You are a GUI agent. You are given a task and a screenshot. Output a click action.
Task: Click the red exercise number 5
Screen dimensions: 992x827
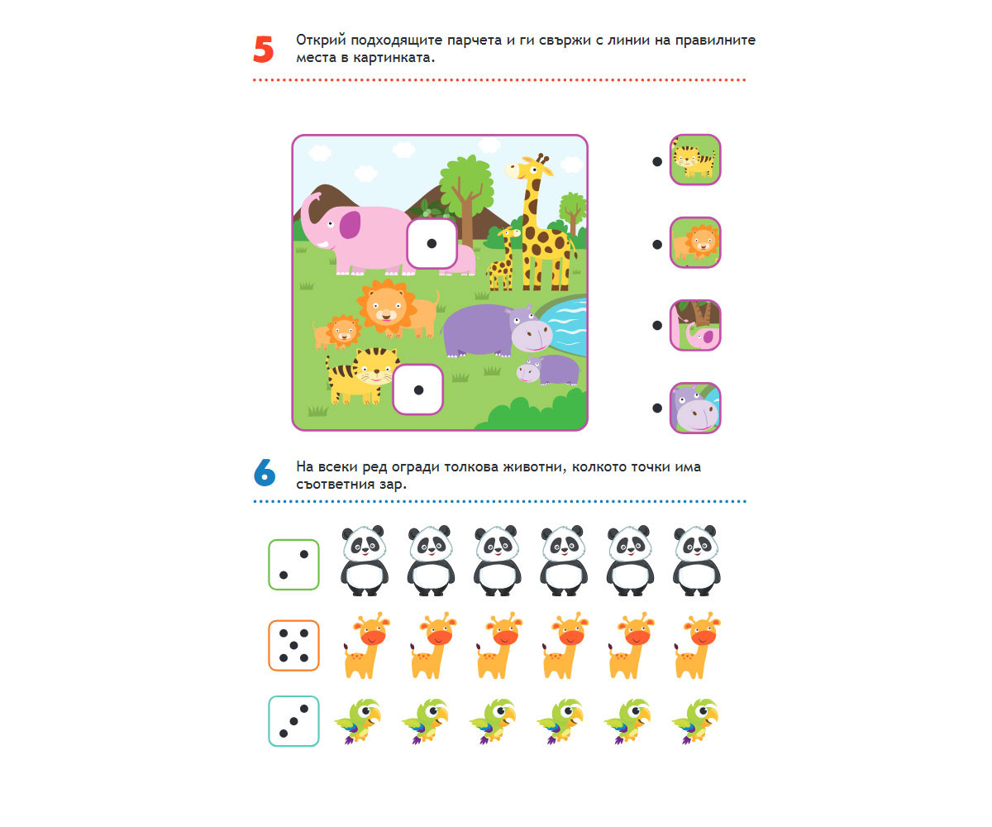(x=263, y=49)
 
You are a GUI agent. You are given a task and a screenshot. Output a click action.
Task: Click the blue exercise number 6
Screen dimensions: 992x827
(x=265, y=472)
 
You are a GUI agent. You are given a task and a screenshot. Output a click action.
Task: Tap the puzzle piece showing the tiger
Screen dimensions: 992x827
(x=694, y=160)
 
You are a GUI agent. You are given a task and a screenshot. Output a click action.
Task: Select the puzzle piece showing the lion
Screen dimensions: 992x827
(x=694, y=242)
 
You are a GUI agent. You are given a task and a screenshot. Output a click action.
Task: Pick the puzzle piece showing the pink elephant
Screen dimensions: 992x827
(x=694, y=325)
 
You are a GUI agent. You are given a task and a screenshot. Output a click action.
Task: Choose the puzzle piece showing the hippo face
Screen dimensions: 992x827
(x=694, y=408)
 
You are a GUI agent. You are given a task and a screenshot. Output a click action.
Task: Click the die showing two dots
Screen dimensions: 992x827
(x=293, y=565)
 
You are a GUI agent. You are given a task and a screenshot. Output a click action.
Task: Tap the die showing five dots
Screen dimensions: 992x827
(x=293, y=645)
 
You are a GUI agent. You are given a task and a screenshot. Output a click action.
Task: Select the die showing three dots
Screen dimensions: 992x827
(x=293, y=721)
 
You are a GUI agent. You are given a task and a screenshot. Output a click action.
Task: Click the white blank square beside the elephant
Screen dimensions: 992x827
(x=432, y=244)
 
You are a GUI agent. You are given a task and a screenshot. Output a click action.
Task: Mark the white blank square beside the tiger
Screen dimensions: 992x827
(x=418, y=390)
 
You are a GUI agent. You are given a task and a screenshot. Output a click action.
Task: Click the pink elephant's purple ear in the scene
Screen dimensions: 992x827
(x=350, y=224)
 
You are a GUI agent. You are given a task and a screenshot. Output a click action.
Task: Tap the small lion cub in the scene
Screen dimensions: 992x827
(x=336, y=332)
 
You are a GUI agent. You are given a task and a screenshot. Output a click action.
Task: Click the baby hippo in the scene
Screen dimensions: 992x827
(x=548, y=370)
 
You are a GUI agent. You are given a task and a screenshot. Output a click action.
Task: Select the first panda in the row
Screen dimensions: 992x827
(x=364, y=561)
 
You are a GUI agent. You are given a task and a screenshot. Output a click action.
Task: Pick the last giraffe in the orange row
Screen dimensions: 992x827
(x=697, y=645)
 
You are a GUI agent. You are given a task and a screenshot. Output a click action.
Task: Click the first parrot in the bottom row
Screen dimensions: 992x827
(x=359, y=721)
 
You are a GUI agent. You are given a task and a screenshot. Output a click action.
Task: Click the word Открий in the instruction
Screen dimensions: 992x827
(x=321, y=40)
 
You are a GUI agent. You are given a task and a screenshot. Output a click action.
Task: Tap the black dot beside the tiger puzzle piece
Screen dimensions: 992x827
(x=657, y=161)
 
